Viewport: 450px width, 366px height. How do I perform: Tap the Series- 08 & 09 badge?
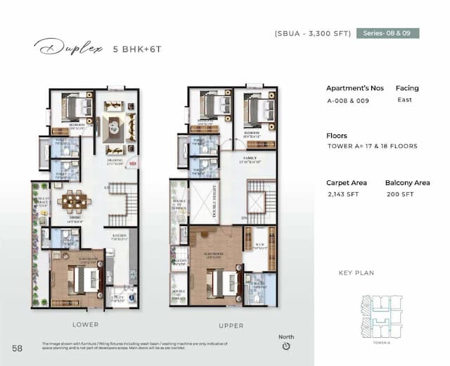point(387,32)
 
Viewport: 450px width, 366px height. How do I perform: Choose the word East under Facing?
point(403,100)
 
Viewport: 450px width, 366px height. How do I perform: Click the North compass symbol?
point(286,346)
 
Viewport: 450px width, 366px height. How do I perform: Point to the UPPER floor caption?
point(231,326)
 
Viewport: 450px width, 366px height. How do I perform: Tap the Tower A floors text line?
point(372,146)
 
